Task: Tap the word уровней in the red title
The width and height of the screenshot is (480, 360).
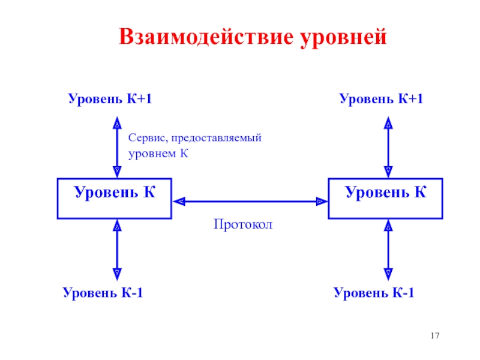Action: [343, 38]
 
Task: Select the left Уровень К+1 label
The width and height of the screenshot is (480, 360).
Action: [110, 99]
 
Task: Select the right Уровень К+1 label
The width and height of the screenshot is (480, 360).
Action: [381, 99]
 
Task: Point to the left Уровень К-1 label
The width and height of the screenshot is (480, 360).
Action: [103, 293]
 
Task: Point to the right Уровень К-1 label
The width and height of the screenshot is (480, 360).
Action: [374, 293]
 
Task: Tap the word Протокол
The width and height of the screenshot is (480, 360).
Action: [243, 224]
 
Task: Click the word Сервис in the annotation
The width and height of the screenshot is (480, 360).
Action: [148, 138]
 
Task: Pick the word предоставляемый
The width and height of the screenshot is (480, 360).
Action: [217, 139]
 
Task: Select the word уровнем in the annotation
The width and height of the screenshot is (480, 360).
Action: [152, 154]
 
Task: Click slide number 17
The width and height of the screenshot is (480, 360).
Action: [434, 336]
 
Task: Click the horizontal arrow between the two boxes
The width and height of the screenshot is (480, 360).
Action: [250, 202]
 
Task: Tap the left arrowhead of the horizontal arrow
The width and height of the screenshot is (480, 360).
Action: [179, 202]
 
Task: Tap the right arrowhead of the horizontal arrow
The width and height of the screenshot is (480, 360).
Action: [322, 202]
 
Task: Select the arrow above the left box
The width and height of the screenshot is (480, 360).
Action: [117, 147]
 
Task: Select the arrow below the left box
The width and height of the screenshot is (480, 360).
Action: [117, 250]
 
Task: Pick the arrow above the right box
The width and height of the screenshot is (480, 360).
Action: [388, 147]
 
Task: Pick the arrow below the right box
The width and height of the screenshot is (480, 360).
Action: [388, 250]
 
